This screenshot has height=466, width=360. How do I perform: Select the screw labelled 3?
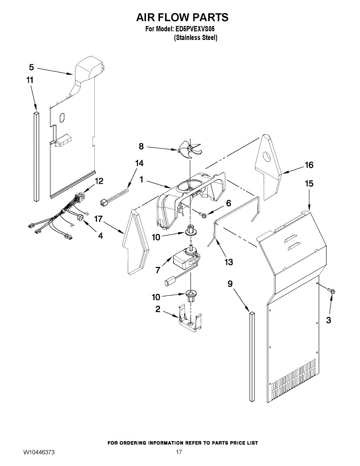click(332, 290)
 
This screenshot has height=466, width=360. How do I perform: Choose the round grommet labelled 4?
click(81, 218)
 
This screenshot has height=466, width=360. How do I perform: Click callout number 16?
click(309, 165)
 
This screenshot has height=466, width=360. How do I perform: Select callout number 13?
click(229, 262)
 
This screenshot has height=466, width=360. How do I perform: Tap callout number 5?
click(31, 67)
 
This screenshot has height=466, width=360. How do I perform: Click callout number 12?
click(99, 181)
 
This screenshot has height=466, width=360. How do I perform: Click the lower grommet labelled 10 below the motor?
click(191, 297)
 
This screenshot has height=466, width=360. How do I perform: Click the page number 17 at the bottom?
click(179, 452)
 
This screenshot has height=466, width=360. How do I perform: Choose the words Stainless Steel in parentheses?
click(195, 38)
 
